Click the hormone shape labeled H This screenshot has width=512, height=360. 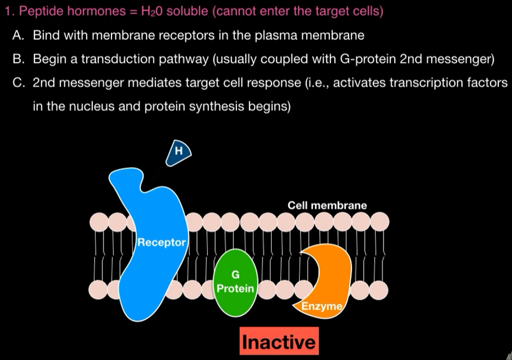point(179,152)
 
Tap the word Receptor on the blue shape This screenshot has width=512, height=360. point(162,243)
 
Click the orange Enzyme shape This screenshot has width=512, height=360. point(326,272)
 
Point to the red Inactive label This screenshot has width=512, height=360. point(279,342)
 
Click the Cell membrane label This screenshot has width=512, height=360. point(327,205)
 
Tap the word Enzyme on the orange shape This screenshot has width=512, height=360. point(321,307)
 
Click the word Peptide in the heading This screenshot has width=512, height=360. point(38,12)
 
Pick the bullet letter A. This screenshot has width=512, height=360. point(18,35)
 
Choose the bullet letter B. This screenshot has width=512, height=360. point(18,59)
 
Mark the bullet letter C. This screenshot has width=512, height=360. point(18,83)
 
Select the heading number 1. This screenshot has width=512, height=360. point(7,12)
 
